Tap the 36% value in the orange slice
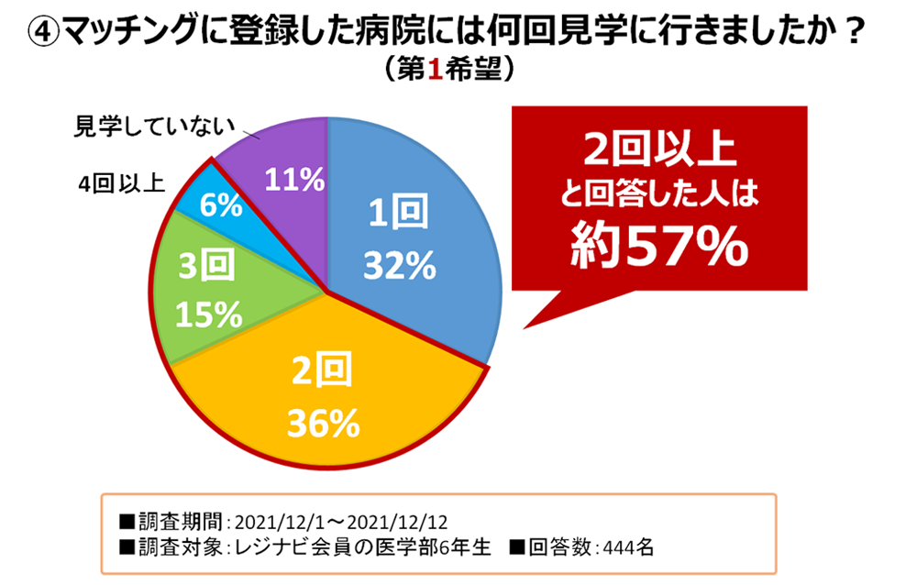point(321,423)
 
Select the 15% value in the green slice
point(210,315)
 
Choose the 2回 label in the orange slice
point(321,373)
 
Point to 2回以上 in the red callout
point(659,147)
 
